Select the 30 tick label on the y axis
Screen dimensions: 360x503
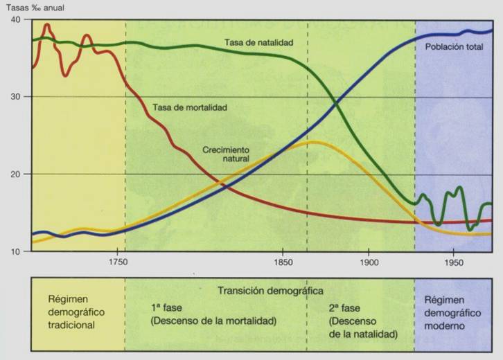coord(16,96)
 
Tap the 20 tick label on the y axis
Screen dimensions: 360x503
coord(16,174)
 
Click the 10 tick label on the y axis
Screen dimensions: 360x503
coord(16,251)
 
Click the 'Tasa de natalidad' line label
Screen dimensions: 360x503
coord(258,42)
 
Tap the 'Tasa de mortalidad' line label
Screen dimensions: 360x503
coord(190,108)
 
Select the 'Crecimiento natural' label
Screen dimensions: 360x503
coord(226,154)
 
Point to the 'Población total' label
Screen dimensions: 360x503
coord(455,48)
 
